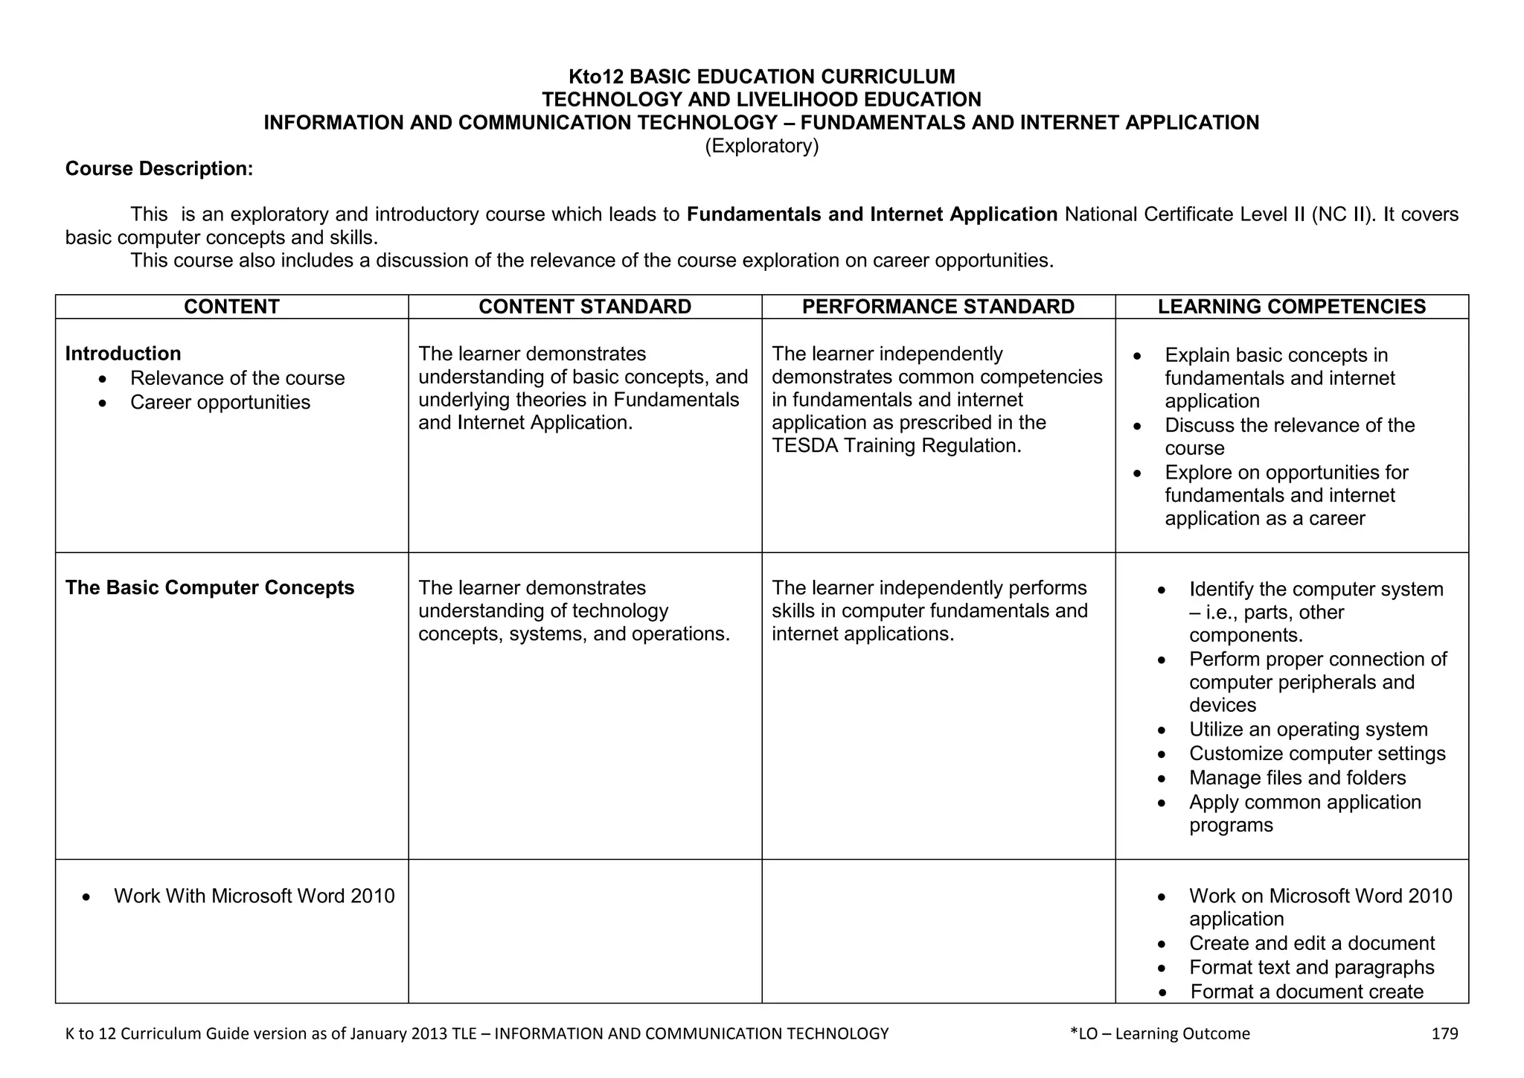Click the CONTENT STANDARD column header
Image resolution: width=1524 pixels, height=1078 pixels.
(585, 307)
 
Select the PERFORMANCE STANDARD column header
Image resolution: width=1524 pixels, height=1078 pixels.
(938, 307)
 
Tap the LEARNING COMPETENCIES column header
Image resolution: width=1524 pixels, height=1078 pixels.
(1292, 307)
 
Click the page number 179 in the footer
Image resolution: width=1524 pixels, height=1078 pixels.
(1444, 1033)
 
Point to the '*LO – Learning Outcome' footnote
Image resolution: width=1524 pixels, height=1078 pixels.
(1159, 1033)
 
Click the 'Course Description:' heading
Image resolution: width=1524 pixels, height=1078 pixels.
(159, 169)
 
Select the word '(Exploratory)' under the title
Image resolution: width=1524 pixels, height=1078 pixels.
(761, 146)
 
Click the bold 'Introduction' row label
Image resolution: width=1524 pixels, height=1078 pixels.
(123, 354)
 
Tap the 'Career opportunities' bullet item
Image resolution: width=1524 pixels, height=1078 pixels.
(220, 402)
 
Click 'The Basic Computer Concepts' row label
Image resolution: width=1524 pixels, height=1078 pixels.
(210, 587)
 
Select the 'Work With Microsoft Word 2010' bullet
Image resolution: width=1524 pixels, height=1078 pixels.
(254, 896)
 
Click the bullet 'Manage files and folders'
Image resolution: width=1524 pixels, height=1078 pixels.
(1297, 778)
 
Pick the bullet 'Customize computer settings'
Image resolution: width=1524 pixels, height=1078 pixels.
(1317, 753)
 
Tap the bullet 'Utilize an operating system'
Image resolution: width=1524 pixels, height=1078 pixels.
(1308, 730)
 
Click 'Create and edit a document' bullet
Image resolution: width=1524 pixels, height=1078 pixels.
(1311, 943)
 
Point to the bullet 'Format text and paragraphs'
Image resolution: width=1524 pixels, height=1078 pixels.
(1311, 967)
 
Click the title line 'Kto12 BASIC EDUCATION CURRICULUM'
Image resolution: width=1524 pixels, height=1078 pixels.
(761, 77)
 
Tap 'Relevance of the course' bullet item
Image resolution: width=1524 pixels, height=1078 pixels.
(237, 378)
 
